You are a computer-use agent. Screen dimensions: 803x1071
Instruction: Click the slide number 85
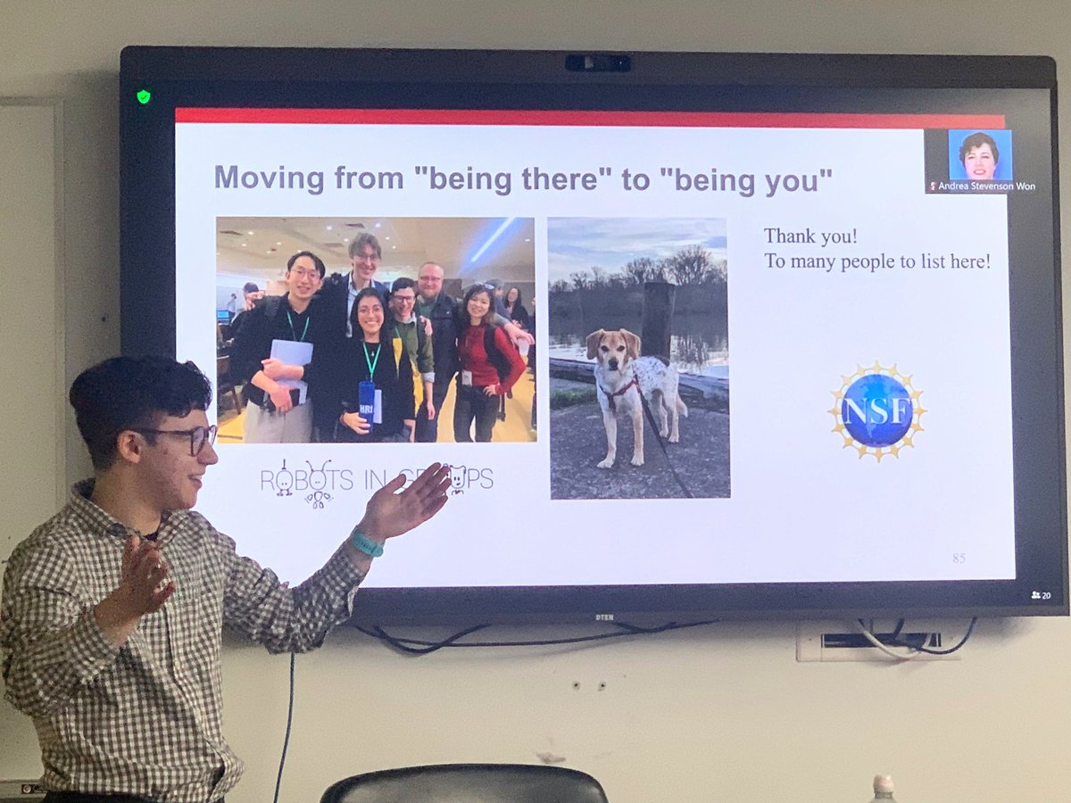[x=959, y=559]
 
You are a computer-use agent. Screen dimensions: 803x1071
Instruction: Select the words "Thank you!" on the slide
[x=801, y=236]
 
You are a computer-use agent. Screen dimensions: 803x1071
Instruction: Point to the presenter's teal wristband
[x=367, y=542]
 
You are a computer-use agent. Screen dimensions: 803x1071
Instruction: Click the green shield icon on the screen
[x=143, y=96]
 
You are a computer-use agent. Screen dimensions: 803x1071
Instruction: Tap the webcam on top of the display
[x=597, y=62]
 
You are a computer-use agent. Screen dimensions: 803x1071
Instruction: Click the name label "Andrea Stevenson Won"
[x=984, y=186]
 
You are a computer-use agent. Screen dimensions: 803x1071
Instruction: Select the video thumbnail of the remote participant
[x=979, y=155]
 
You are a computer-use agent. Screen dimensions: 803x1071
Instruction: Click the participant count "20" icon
[x=1041, y=595]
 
